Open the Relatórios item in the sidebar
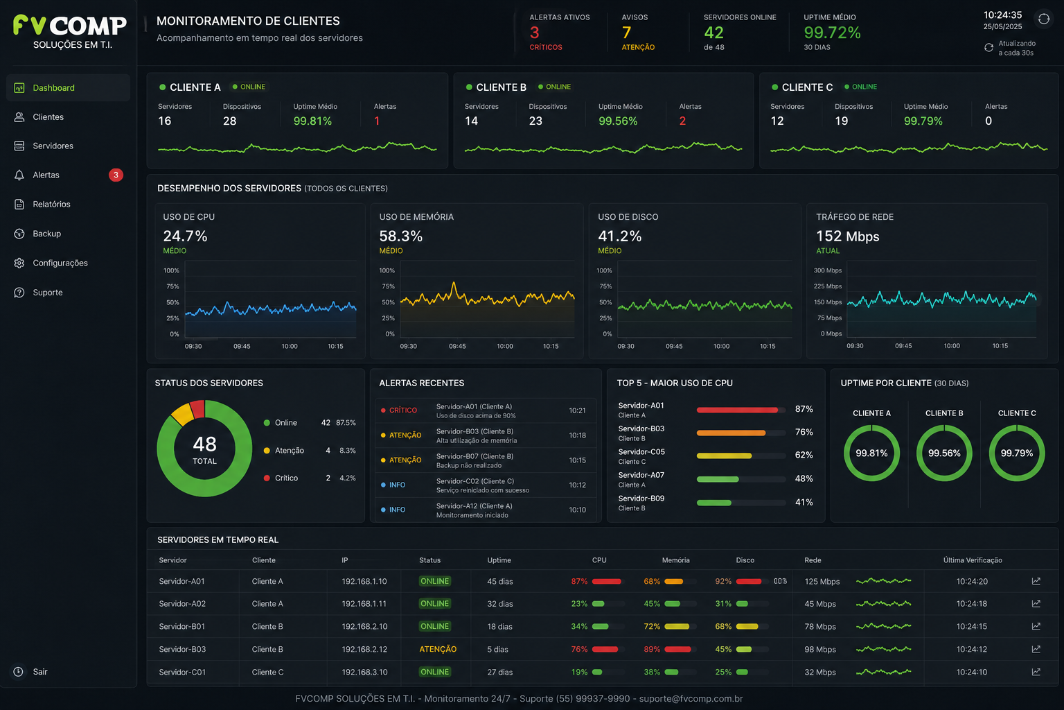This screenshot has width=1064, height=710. (x=51, y=205)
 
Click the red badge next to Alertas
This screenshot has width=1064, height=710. (x=116, y=175)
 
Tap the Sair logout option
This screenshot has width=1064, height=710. (x=40, y=671)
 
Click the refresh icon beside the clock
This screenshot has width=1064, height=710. (x=1044, y=19)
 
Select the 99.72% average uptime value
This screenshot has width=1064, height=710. (x=832, y=33)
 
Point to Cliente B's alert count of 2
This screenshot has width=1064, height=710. (x=682, y=121)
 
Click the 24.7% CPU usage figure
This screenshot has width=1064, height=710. (x=185, y=236)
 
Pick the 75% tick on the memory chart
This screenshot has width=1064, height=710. (x=388, y=286)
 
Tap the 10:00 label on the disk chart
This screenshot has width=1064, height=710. (x=721, y=346)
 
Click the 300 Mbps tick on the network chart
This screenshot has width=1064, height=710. (x=828, y=270)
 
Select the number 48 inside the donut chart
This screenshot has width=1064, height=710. (x=205, y=444)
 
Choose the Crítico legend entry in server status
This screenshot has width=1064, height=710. (x=286, y=478)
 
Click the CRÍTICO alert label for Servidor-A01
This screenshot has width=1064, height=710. (x=402, y=410)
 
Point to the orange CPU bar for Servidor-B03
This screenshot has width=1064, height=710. (x=731, y=433)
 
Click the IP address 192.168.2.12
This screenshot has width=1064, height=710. (x=364, y=649)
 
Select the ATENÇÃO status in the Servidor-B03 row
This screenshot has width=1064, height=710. (x=438, y=649)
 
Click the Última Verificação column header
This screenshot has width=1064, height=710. (x=973, y=560)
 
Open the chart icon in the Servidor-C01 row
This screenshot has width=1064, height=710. (x=1036, y=672)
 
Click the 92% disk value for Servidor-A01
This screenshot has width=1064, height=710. (x=723, y=581)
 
